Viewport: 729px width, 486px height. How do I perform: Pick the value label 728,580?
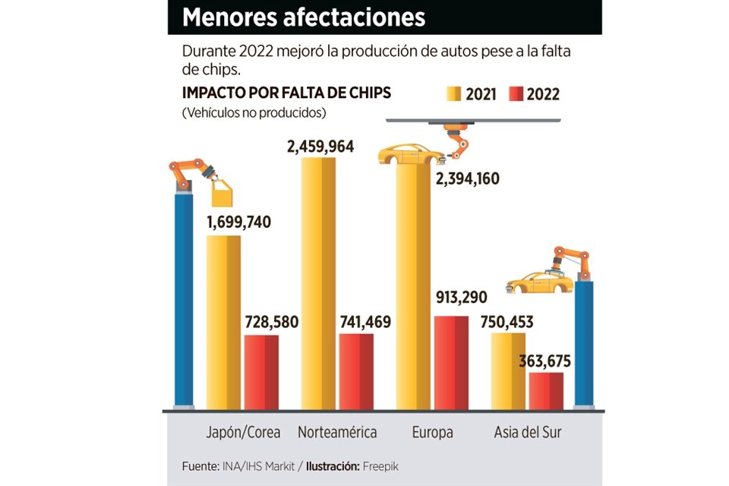[271, 322]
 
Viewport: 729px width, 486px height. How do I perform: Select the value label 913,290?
[460, 297]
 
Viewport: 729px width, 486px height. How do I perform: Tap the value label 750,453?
[507, 322]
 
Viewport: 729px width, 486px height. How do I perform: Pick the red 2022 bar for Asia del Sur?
[546, 391]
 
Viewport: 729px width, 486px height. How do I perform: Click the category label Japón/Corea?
[243, 433]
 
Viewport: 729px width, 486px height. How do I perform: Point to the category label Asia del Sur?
[527, 433]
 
